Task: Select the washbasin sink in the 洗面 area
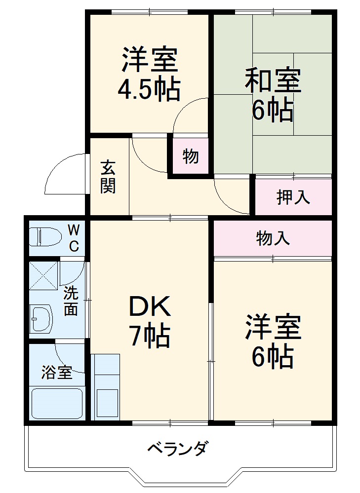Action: (x=41, y=318)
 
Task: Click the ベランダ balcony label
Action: (x=178, y=449)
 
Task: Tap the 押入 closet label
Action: (x=293, y=196)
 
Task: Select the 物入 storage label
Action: (x=273, y=238)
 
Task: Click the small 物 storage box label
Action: (x=191, y=156)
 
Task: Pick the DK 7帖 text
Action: (x=150, y=322)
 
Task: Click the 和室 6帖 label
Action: (x=273, y=95)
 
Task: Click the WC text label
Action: (x=73, y=238)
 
